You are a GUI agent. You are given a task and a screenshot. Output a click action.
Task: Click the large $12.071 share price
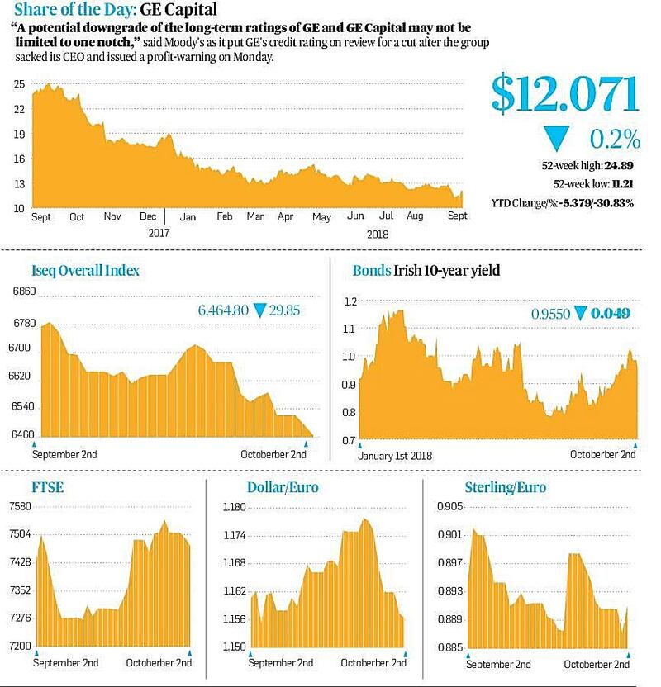tap(565, 95)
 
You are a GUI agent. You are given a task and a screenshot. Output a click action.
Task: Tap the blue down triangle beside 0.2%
tap(556, 138)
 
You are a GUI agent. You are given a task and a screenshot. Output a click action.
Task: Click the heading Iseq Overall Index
tap(85, 269)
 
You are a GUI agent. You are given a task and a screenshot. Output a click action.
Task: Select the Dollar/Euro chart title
tap(282, 487)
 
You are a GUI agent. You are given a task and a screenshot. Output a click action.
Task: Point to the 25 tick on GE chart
tap(19, 84)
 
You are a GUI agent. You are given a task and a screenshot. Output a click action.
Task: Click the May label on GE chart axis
tap(321, 216)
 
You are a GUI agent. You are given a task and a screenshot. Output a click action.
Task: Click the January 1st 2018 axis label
tap(395, 455)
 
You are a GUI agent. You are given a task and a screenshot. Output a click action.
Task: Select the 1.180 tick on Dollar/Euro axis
tap(235, 507)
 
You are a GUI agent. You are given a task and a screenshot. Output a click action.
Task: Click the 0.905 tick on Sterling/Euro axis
tap(450, 507)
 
